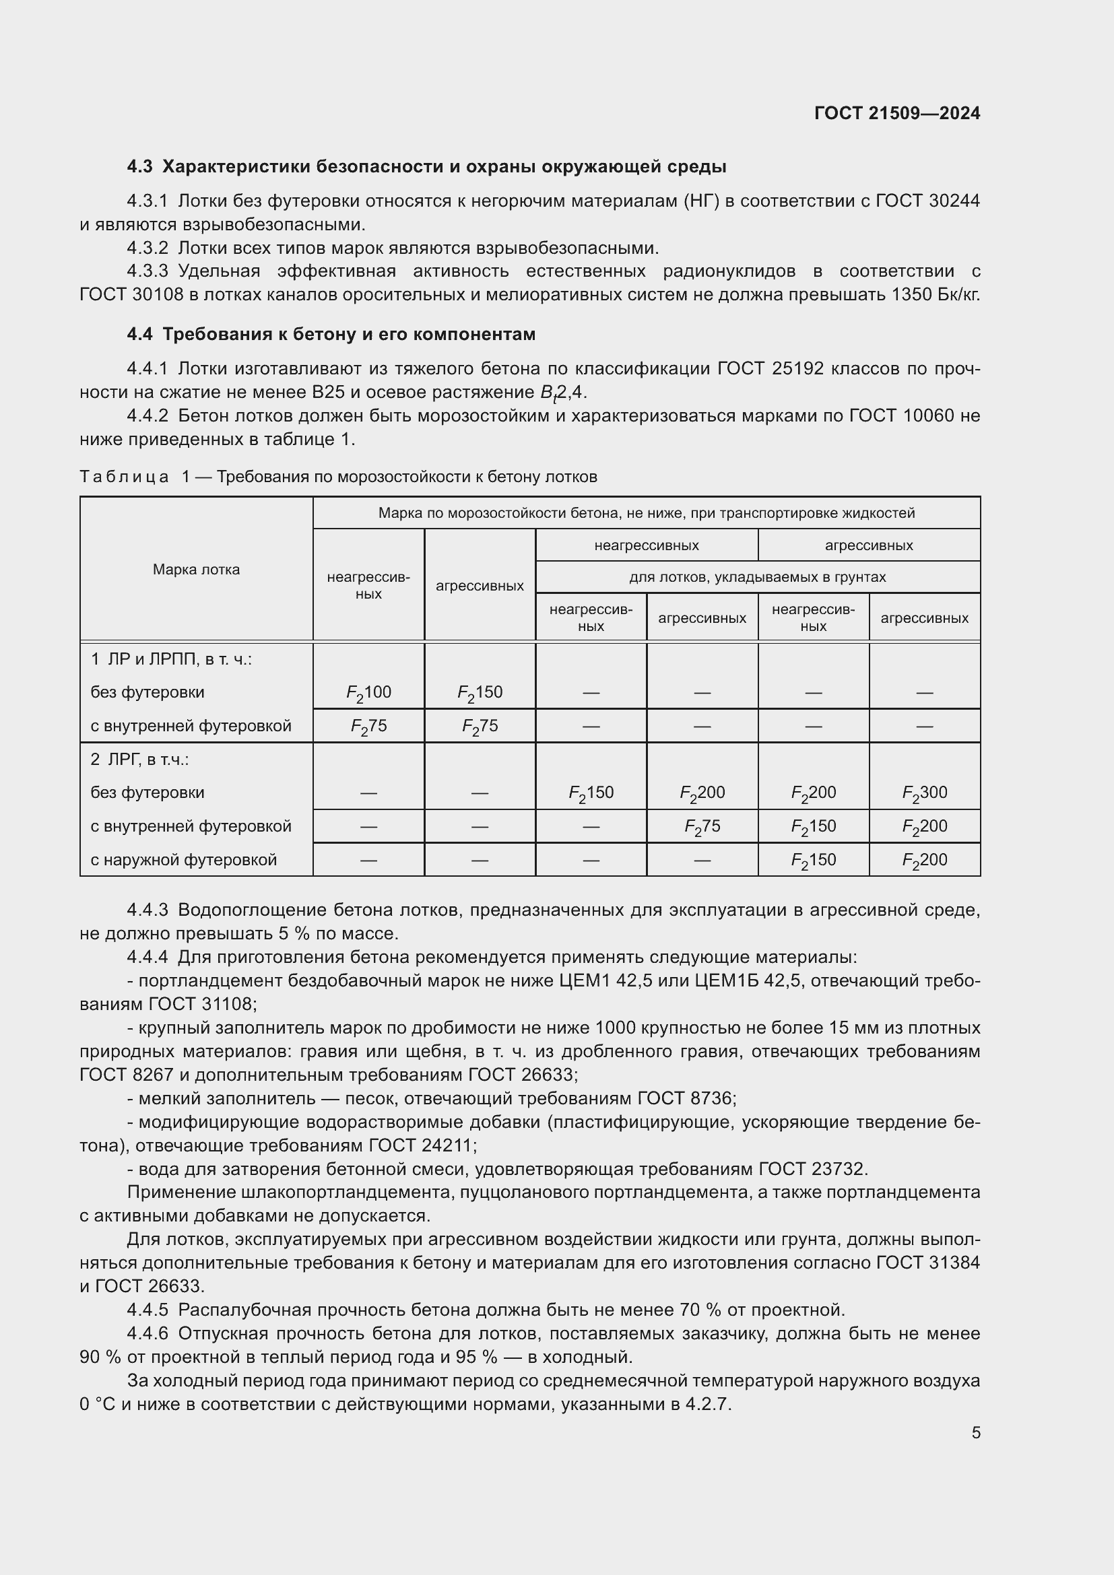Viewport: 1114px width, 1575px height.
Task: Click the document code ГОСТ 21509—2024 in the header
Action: (896, 113)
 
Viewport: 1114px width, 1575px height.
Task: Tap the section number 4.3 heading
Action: (140, 167)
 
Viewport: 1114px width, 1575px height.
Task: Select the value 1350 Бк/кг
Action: (935, 295)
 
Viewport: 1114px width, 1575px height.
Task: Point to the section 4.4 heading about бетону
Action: (331, 335)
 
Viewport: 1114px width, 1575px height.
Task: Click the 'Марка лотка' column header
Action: (196, 570)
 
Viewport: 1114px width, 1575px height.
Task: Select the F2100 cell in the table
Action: (368, 693)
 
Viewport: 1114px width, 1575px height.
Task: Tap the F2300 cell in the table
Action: (924, 793)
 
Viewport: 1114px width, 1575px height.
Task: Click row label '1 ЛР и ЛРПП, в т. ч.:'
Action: (172, 660)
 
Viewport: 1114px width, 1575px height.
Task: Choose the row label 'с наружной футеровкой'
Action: (184, 860)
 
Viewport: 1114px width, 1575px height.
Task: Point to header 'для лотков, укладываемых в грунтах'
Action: (757, 578)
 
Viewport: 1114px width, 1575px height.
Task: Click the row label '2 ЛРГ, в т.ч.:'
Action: (140, 760)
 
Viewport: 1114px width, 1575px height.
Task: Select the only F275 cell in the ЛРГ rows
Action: (702, 827)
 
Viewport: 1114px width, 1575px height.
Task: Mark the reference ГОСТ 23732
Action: (813, 1169)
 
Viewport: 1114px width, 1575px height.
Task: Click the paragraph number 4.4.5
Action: (147, 1310)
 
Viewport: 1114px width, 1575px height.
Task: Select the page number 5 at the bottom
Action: (975, 1433)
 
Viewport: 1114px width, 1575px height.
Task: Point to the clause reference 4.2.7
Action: (707, 1404)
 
